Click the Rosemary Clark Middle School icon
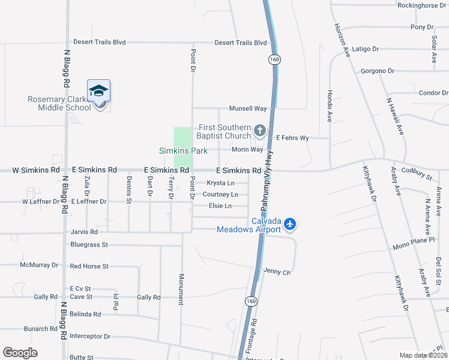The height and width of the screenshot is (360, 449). pos(98,92)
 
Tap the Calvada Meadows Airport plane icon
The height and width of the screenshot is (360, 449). pos(291,224)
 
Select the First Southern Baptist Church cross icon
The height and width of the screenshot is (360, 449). pos(260,130)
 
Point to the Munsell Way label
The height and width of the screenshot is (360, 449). pos(247,109)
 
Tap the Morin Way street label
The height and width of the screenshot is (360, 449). pos(249,149)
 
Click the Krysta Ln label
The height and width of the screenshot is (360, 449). pos(220,183)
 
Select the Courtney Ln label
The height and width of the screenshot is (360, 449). pos(220,194)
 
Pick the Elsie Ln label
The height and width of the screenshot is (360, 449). pos(220,206)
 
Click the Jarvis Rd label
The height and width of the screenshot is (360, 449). pos(83,232)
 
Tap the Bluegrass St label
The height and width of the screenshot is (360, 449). pos(89,245)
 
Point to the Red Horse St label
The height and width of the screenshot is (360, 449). pos(89,266)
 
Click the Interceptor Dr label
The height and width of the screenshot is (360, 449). pos(90,336)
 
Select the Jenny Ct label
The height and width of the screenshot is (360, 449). pos(277,272)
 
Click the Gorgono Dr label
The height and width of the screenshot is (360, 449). pos(378,71)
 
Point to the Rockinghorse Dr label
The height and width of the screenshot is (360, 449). pos(422,5)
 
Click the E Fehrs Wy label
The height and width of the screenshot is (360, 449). pos(292,138)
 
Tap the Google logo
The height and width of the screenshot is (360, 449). pos(20,353)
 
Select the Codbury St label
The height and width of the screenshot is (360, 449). pos(416,174)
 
